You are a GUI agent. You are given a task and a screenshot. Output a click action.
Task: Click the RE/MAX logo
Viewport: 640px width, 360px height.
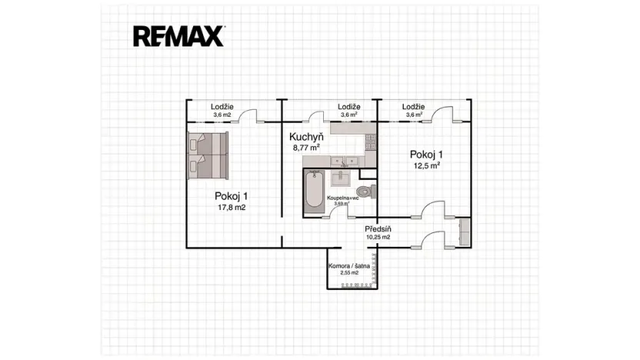(178, 35)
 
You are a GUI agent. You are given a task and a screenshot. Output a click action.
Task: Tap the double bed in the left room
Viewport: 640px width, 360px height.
(207, 154)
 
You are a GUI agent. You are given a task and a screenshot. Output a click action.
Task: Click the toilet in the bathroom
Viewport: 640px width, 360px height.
(367, 190)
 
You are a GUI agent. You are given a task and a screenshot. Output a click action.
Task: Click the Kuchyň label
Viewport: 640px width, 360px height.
(305, 137)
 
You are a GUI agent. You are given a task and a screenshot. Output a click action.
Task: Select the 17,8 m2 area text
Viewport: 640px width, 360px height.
(231, 207)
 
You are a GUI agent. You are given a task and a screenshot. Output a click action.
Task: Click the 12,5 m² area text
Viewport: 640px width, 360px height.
(425, 165)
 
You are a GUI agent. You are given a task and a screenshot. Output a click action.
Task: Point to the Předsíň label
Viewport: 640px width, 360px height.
(378, 228)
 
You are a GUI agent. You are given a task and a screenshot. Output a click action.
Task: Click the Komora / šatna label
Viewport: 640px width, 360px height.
(349, 265)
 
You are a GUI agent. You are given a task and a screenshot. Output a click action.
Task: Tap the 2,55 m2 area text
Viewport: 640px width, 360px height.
(349, 273)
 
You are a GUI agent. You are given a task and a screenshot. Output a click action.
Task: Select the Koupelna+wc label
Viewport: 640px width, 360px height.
(343, 198)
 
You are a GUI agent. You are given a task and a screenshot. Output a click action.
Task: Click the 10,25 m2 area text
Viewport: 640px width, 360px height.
(378, 238)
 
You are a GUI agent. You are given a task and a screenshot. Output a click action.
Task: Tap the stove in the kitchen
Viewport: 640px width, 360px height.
(370, 142)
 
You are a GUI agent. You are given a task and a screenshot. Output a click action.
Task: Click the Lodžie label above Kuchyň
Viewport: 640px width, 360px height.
(349, 107)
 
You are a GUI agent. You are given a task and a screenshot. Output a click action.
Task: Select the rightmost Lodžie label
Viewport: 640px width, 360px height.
(413, 107)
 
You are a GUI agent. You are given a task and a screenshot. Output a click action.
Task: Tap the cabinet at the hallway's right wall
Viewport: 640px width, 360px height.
(464, 232)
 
